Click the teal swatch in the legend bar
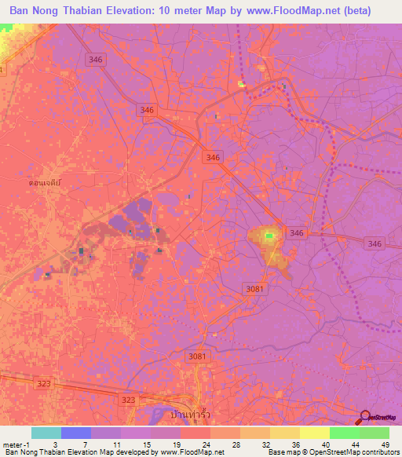[x=46, y=433]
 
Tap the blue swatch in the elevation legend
[x=75, y=433]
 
